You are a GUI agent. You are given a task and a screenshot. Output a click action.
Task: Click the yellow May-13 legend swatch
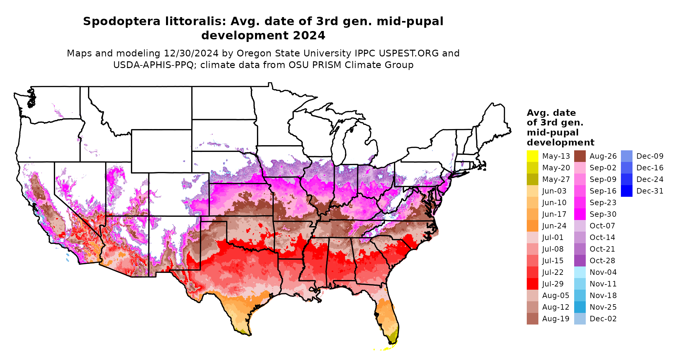[532, 156]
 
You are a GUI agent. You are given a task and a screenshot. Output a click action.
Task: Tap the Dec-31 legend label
[650, 191]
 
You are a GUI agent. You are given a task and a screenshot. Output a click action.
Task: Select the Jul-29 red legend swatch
[532, 284]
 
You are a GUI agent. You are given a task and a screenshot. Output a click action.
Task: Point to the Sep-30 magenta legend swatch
[580, 214]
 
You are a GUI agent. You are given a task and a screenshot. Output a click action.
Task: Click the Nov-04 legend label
[603, 272]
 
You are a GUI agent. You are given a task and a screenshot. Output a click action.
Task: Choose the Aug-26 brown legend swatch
[580, 156]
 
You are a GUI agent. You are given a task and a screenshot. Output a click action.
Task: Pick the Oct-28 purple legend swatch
[580, 261]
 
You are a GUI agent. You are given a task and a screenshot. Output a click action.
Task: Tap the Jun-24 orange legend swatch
[532, 226]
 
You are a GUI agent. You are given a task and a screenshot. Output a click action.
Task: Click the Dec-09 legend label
[650, 156]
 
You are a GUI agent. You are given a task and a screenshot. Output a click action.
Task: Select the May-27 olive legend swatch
[532, 179]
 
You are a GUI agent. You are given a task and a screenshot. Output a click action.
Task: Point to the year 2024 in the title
[309, 35]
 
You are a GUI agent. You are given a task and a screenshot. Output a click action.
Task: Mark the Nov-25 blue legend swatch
[580, 307]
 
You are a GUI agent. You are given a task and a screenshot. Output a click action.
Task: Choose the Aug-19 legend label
[555, 319]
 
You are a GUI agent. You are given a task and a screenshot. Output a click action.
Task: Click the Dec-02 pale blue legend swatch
[580, 319]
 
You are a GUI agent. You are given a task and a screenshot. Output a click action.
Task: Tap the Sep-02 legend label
[603, 168]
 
